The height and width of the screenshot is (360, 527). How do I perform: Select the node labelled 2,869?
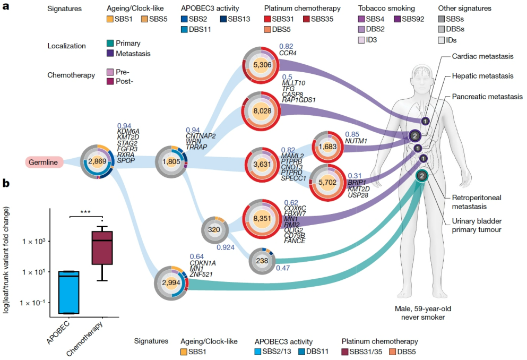98,161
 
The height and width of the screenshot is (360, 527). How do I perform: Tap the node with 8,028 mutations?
262,110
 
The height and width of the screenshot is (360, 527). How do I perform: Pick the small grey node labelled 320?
214,230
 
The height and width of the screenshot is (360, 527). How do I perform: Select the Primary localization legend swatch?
110,44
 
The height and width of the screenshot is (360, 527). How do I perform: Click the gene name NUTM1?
357,141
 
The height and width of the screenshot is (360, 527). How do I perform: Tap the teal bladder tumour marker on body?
421,176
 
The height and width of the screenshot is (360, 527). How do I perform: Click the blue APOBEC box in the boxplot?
70,292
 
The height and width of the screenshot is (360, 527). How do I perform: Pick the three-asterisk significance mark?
85,212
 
